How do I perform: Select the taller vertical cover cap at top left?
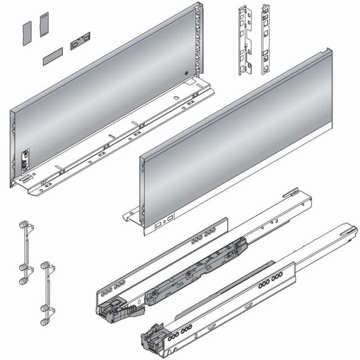click(x=44, y=25)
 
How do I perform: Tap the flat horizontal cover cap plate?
click(x=52, y=56)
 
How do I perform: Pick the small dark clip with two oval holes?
click(x=80, y=41)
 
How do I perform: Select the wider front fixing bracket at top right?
click(x=244, y=40)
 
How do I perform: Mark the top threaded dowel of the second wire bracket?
click(x=44, y=265)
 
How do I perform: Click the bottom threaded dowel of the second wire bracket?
click(x=44, y=321)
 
